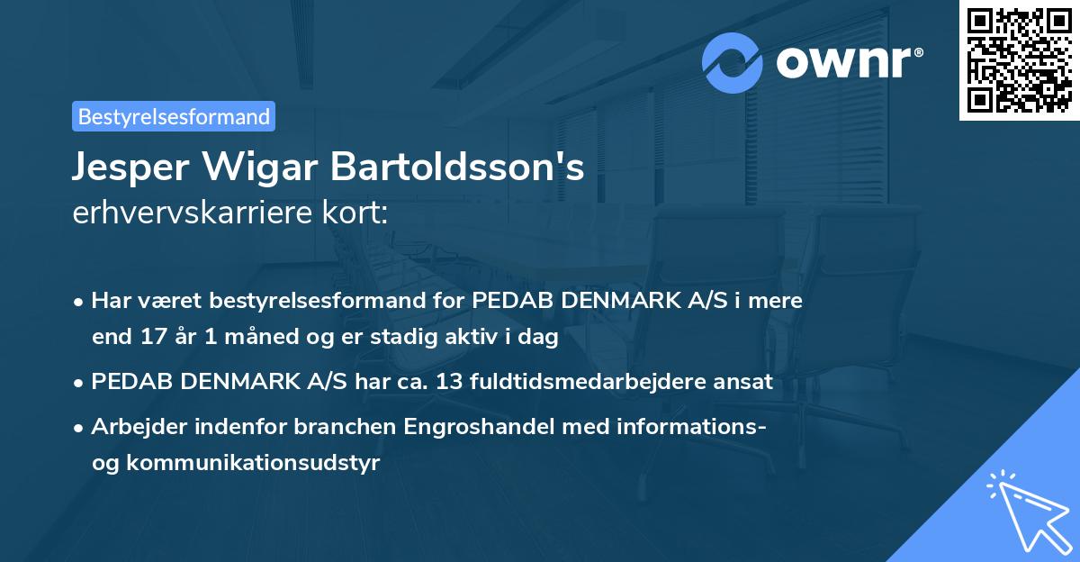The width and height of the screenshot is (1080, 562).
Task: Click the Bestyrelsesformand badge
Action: click(174, 116)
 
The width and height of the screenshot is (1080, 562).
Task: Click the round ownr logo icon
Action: click(733, 63)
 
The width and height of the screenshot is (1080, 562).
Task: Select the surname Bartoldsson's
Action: click(458, 168)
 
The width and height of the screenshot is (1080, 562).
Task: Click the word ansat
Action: click(744, 382)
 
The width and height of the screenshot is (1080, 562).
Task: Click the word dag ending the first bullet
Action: click(540, 338)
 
